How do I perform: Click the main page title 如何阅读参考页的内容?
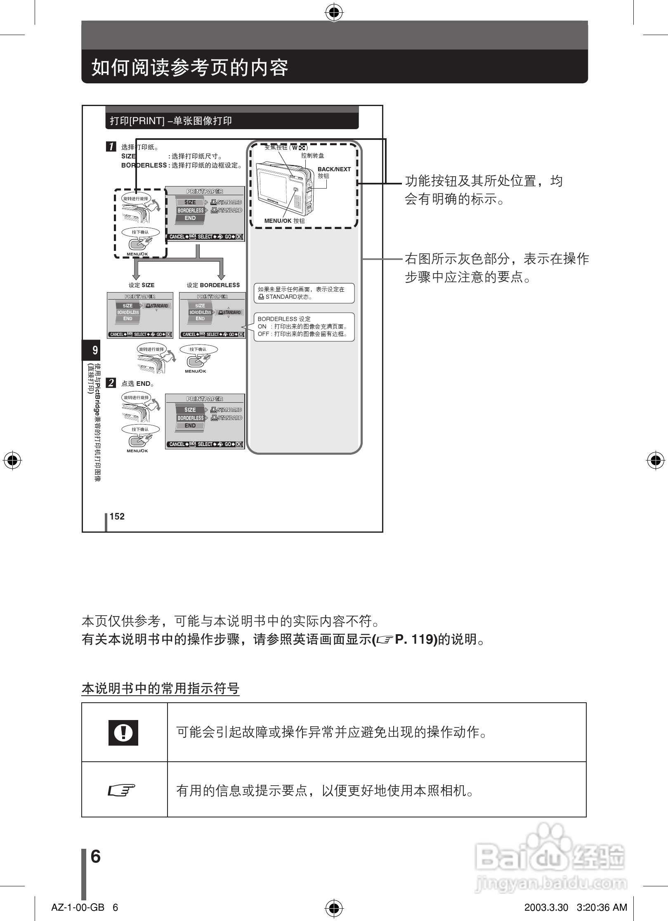[189, 68]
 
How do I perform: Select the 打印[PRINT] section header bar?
[232, 121]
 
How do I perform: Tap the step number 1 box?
[111, 146]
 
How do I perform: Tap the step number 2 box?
[111, 383]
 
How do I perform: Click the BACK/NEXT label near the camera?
[334, 169]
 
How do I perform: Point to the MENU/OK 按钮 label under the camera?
[284, 221]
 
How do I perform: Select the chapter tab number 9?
[94, 350]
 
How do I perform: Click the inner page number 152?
[117, 517]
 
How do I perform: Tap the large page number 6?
[95, 857]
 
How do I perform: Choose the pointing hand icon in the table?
[122, 791]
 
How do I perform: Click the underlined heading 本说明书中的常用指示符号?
[161, 688]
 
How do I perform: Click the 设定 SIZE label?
[142, 285]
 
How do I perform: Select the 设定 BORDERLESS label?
[213, 285]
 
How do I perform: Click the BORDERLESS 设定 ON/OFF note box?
[304, 327]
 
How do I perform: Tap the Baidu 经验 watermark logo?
[550, 861]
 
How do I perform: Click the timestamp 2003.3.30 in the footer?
[546, 907]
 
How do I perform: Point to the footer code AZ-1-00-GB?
[78, 907]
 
